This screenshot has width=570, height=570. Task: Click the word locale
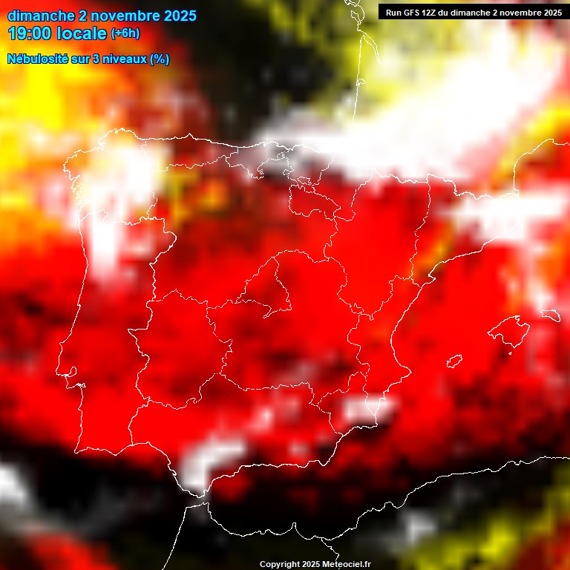(82, 33)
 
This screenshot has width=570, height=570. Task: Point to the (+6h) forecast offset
(125, 33)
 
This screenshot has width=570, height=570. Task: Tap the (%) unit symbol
(160, 59)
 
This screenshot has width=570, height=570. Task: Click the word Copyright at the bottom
(280, 565)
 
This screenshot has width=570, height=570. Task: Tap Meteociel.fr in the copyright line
(347, 565)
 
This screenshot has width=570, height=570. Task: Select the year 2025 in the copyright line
(312, 565)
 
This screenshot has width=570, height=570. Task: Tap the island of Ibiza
(454, 361)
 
